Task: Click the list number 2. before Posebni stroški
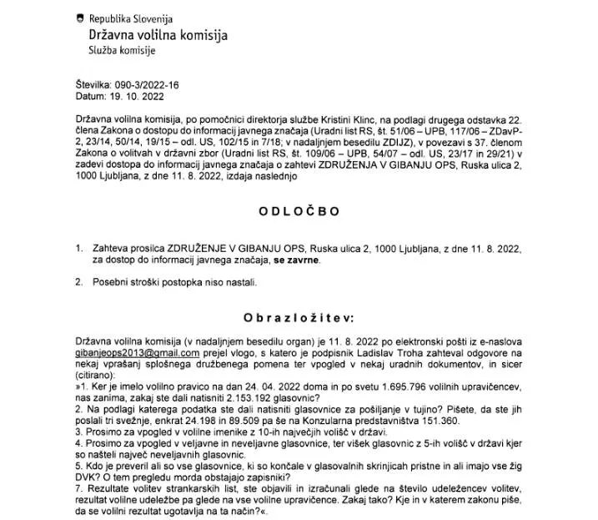pyautogui.click(x=78, y=282)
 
